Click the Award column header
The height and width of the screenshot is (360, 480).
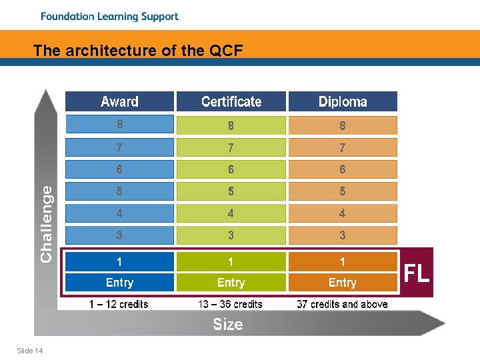click(119, 101)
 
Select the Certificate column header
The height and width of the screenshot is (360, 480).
click(231, 101)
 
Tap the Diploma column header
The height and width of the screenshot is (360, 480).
click(343, 101)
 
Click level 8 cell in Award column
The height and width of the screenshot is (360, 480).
click(119, 125)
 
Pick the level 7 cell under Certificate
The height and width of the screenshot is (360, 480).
click(231, 147)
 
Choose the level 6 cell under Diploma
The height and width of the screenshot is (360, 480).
click(343, 169)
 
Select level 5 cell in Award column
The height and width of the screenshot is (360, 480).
click(119, 191)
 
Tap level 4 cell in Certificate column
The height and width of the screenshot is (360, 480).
click(231, 213)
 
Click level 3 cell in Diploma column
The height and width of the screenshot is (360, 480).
click(343, 235)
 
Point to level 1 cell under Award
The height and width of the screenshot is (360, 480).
click(119, 261)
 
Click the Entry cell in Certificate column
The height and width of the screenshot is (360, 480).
click(231, 283)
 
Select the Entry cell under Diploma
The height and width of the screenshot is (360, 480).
click(343, 283)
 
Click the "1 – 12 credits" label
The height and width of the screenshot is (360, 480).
click(119, 305)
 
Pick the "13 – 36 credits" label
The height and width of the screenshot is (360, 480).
click(230, 305)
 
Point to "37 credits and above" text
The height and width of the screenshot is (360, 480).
click(342, 305)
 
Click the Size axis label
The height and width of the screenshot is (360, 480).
click(228, 325)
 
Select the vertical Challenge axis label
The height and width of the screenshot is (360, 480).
click(47, 223)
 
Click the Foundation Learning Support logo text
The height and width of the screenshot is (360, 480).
click(109, 17)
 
